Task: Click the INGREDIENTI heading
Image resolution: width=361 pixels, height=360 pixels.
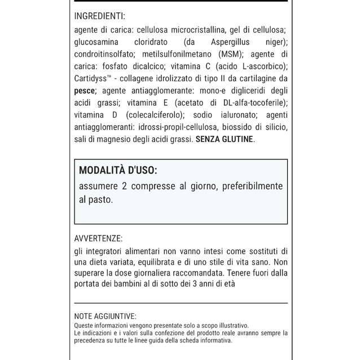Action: pyautogui.click(x=99, y=16)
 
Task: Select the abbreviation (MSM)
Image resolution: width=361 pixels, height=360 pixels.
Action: pyautogui.click(x=230, y=54)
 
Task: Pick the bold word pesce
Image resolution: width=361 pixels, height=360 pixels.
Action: pyautogui.click(x=85, y=90)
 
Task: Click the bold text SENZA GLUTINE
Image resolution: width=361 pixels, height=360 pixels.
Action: pyautogui.click(x=224, y=139)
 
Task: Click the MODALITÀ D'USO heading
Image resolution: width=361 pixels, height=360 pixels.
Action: pyautogui.click(x=118, y=170)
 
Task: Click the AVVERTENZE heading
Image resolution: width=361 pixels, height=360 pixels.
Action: pyautogui.click(x=98, y=238)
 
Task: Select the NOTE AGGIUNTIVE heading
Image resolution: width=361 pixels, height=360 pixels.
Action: pyautogui.click(x=105, y=317)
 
